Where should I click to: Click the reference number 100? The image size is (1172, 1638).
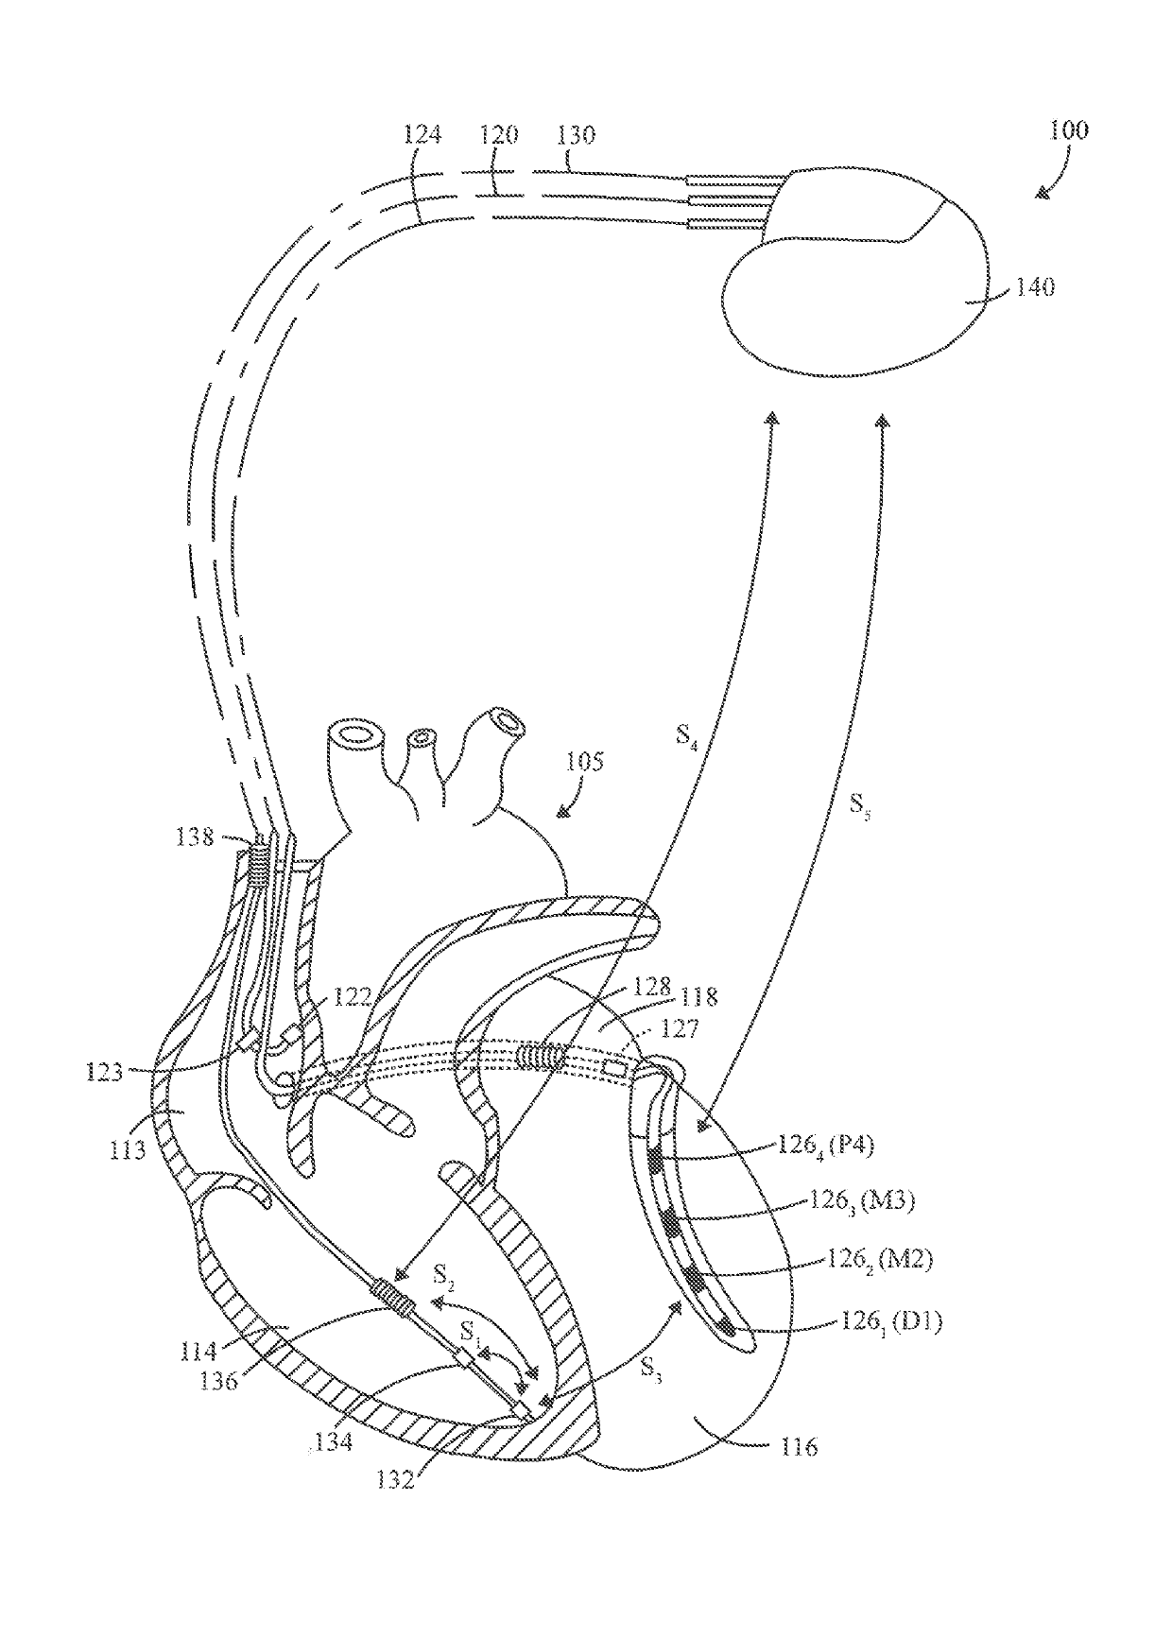[1068, 129]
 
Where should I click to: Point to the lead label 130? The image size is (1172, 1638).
[576, 135]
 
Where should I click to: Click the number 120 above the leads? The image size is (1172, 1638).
[499, 135]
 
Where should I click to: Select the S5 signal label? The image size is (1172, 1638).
[860, 805]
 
